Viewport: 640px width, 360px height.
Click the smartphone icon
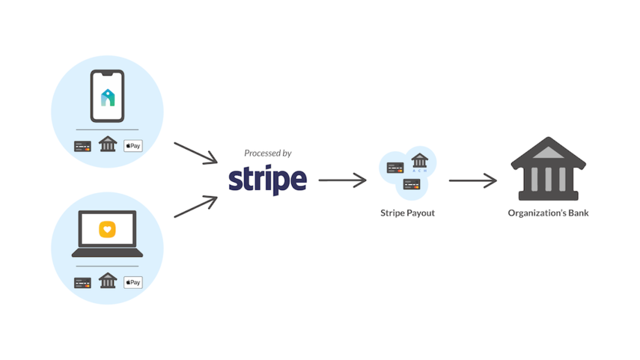coord(107,96)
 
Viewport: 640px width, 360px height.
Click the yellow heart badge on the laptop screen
coord(108,229)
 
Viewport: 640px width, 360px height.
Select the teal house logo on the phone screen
coord(108,97)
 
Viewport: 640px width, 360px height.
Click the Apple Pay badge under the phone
coord(132,146)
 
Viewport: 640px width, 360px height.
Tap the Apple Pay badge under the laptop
coord(132,282)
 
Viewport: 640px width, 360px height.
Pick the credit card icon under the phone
coord(82,146)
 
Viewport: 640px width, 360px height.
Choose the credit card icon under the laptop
coord(82,282)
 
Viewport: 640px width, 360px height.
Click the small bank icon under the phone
coord(108,144)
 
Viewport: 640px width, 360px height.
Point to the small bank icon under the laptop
coord(108,281)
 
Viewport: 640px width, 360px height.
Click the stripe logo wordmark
coord(267,180)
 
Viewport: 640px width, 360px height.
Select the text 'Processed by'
coord(267,153)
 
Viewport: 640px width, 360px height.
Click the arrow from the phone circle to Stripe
coord(196,152)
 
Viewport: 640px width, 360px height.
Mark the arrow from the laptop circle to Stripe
coord(196,207)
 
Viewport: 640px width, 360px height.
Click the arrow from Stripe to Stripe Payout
coord(343,180)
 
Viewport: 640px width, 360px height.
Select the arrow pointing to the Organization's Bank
coord(473,180)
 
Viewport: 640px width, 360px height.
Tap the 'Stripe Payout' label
coord(407,213)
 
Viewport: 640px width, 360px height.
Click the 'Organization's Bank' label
coord(548,213)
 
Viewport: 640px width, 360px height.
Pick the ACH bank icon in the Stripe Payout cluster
coord(419,161)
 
